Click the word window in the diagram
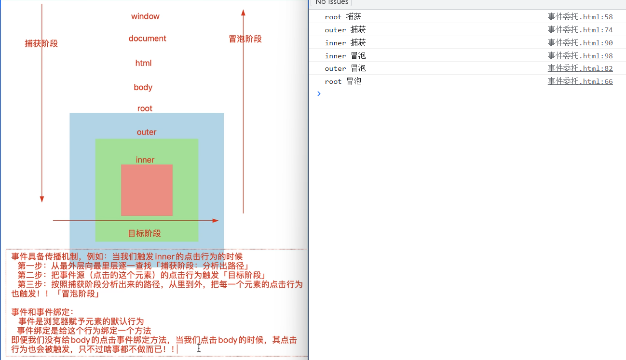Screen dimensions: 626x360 (x=145, y=16)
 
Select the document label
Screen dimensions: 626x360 (x=147, y=39)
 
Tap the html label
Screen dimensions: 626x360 (x=143, y=63)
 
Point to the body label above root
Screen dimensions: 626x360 (x=143, y=87)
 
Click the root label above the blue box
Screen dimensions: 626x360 (x=144, y=108)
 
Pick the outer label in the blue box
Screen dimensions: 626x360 (x=147, y=132)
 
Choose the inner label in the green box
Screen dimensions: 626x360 (x=145, y=160)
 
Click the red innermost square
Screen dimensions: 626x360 (x=147, y=190)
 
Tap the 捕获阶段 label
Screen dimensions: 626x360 (x=41, y=43)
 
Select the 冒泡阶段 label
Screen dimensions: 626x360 (x=245, y=39)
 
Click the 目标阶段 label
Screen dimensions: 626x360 (x=144, y=233)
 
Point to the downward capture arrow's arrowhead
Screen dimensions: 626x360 (x=42, y=199)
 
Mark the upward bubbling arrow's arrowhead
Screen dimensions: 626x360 (x=243, y=13)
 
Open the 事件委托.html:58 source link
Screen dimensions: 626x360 (x=580, y=17)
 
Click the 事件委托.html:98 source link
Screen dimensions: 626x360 (x=580, y=56)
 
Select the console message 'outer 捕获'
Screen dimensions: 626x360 (x=345, y=30)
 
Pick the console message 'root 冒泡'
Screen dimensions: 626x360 (x=343, y=81)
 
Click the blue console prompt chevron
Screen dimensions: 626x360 (x=319, y=93)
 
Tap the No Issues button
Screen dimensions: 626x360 (x=331, y=2)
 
